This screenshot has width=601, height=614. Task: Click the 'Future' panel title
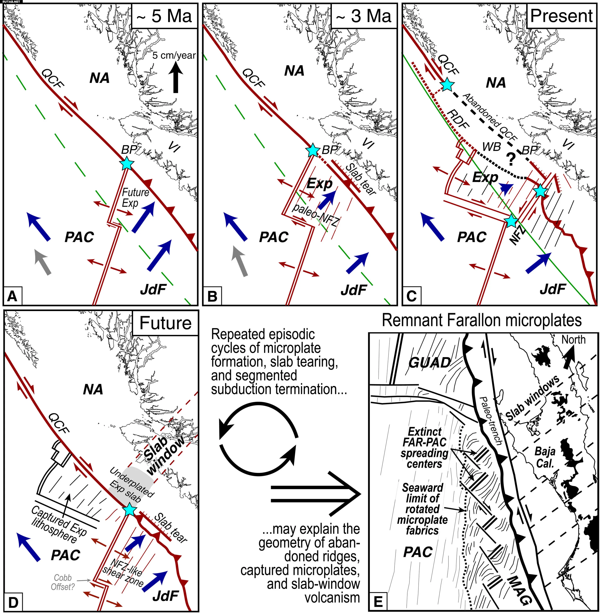pyautogui.click(x=165, y=323)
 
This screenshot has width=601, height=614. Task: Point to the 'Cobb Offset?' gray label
pyautogui.click(x=63, y=582)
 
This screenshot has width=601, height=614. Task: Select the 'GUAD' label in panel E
pyautogui.click(x=430, y=363)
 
